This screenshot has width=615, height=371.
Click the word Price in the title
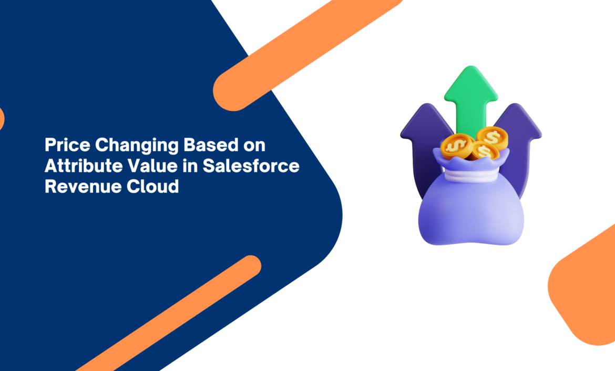tap(67, 145)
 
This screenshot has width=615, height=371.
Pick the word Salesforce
tap(251, 166)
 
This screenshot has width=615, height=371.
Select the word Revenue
tap(78, 186)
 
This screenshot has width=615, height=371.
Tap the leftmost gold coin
tap(457, 146)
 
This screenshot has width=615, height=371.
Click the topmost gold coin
tap(492, 137)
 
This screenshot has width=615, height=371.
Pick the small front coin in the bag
tap(484, 152)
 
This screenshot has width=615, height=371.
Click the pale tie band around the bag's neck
tap(470, 175)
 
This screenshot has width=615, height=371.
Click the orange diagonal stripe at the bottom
tap(169, 313)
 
